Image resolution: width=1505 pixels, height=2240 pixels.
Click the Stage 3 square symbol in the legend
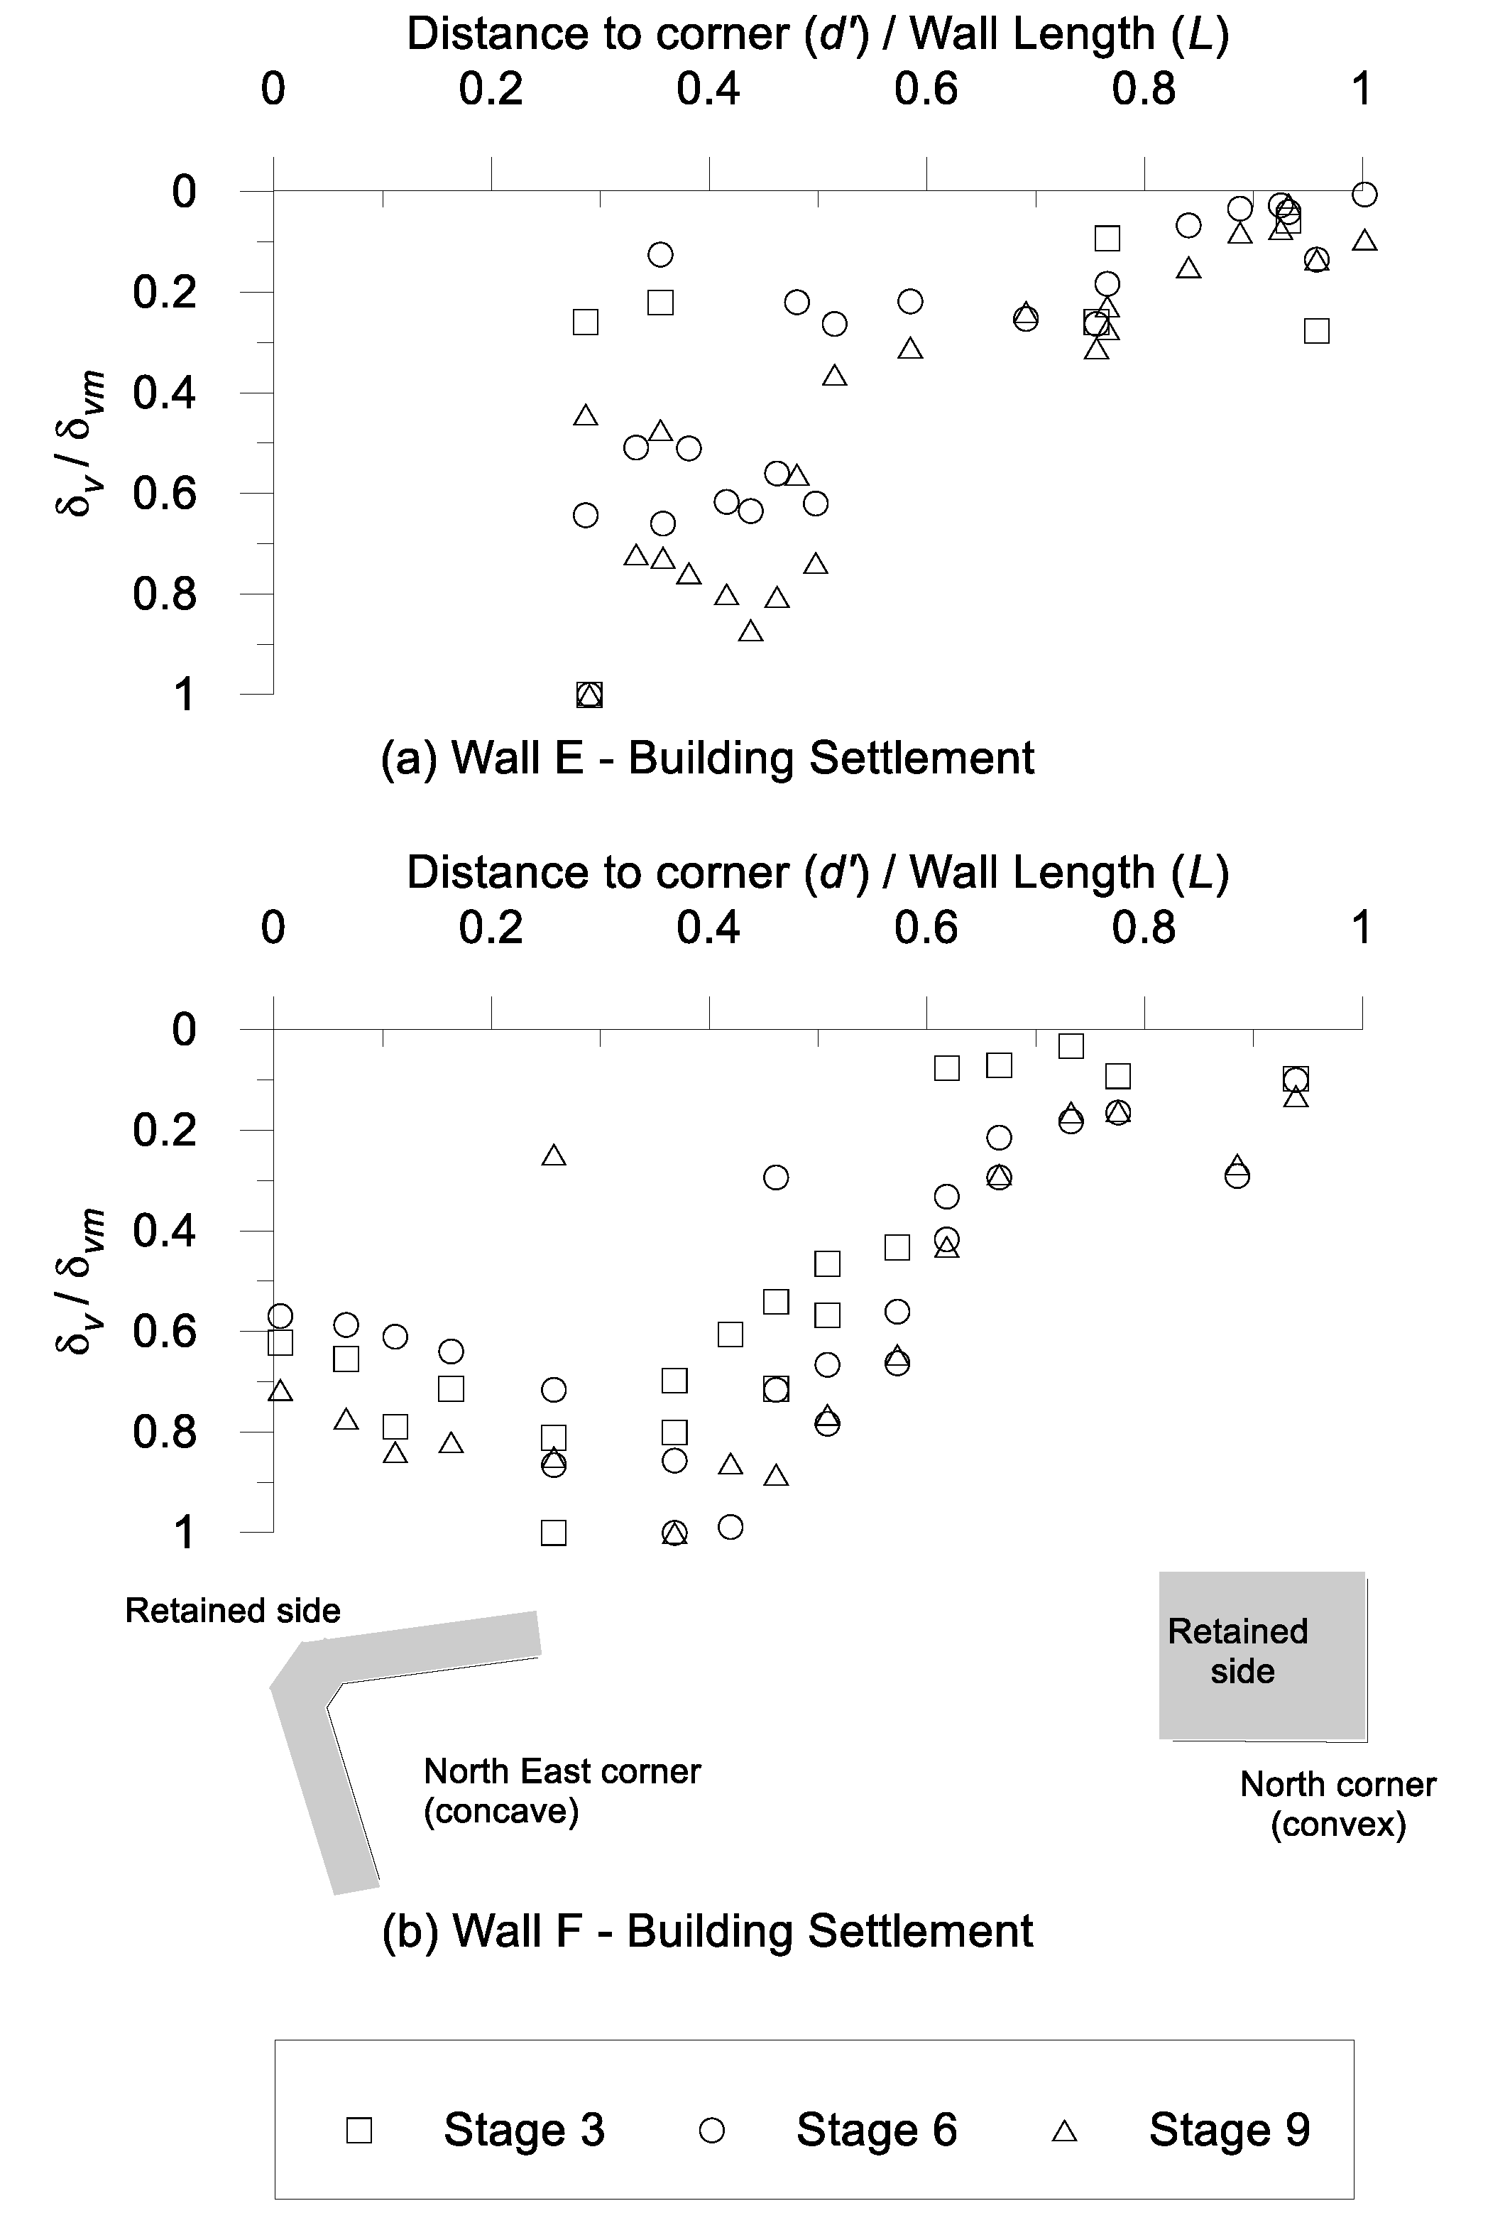[x=359, y=2131]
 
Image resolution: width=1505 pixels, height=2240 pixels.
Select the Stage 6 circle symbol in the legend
[x=711, y=2131]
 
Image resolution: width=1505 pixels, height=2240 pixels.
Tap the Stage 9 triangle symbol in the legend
[x=1064, y=2131]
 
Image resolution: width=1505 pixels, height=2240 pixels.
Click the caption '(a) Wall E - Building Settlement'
[x=707, y=758]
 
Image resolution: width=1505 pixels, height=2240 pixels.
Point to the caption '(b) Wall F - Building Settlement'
[x=707, y=1931]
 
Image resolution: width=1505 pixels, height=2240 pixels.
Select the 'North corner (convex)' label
[x=1338, y=1803]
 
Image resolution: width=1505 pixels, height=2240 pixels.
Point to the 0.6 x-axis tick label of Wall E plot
[x=926, y=89]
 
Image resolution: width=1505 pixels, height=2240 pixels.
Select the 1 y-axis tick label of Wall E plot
[x=183, y=694]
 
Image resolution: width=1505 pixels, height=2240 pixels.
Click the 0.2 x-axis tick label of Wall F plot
[x=491, y=928]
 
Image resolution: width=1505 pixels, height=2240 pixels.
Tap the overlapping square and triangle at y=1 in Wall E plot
[x=589, y=694]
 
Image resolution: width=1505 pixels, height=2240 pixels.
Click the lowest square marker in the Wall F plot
[x=554, y=1533]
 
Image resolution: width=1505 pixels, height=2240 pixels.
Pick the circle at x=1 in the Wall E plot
[x=1364, y=195]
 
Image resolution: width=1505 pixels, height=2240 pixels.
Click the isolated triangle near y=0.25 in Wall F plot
[x=554, y=1155]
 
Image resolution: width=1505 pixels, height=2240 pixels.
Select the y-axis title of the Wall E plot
[x=79, y=442]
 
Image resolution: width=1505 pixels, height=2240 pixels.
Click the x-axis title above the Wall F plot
[x=817, y=873]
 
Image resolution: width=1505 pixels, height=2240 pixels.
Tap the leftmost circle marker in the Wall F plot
[x=280, y=1315]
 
